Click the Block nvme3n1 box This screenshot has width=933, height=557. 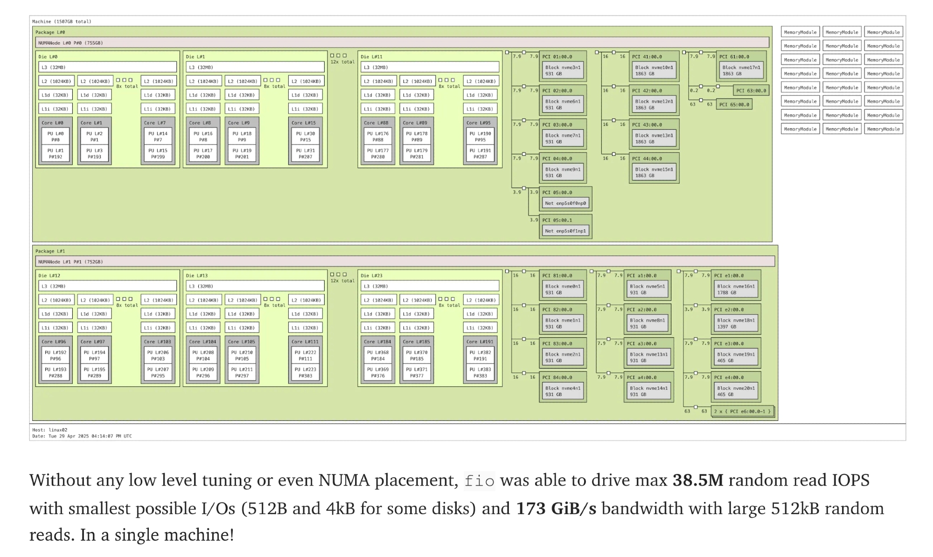point(563,70)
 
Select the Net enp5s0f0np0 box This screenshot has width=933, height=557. point(565,203)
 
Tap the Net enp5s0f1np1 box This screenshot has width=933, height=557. point(565,231)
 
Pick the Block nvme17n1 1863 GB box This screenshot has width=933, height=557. point(741,70)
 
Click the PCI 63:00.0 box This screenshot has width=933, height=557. point(751,91)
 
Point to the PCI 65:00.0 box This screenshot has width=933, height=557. point(734,104)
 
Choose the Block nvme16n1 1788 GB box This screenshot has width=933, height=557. point(736,290)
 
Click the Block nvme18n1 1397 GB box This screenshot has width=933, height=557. point(735,323)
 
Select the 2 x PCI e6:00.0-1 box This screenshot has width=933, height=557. point(742,411)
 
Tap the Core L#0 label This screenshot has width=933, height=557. point(52,123)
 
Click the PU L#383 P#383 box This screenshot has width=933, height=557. point(480,372)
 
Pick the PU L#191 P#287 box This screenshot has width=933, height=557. point(480,153)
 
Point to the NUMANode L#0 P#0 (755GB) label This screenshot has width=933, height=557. point(70,43)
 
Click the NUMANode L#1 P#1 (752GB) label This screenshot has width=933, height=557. point(70,262)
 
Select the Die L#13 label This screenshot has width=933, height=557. point(197,276)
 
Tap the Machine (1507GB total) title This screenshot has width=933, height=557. point(62,21)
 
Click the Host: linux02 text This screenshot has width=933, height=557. point(49,430)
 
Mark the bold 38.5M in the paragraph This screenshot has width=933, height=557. point(697,480)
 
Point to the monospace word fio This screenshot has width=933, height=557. point(479,481)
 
